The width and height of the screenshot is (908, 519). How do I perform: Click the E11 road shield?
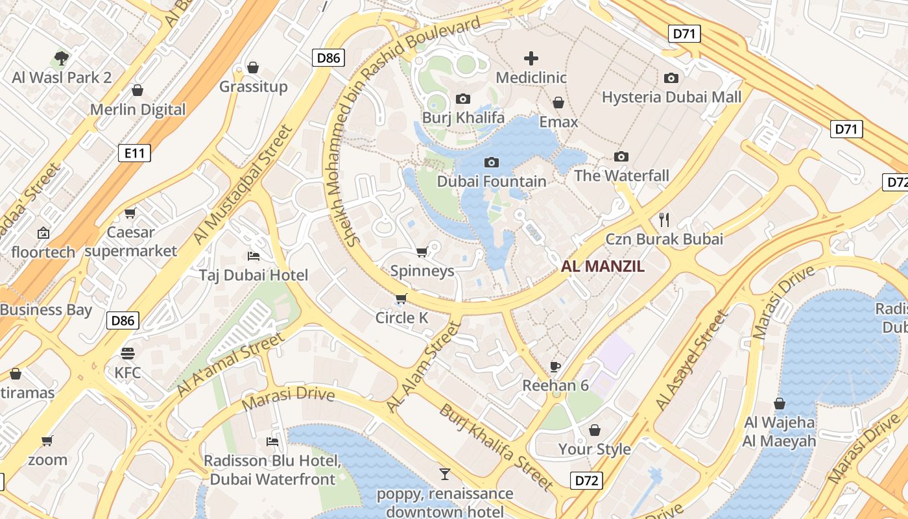point(135,153)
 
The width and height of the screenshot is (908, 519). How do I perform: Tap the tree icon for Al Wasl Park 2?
point(62,59)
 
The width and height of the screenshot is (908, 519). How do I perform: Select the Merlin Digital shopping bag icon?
point(137,90)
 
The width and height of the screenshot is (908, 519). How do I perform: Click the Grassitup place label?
point(253,87)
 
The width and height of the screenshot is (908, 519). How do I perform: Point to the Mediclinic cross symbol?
point(531,58)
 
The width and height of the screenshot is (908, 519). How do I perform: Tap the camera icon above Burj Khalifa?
point(463,99)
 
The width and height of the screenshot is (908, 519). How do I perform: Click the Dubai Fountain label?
point(492,181)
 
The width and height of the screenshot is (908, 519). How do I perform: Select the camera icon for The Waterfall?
point(621,156)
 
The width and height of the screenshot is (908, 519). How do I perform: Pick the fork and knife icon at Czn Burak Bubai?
point(663,219)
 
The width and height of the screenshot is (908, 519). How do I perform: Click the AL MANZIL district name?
point(603,266)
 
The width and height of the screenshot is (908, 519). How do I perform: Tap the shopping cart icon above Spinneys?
point(422,252)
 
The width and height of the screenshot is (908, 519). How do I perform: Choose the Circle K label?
point(402,318)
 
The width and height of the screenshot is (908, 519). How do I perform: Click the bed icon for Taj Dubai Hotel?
point(254,256)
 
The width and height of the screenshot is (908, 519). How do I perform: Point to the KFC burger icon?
point(127,354)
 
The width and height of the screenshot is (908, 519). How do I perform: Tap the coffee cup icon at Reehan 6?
point(555,367)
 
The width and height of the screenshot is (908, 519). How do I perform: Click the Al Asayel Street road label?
point(692,360)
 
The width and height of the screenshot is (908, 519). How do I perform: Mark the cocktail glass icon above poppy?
point(444,474)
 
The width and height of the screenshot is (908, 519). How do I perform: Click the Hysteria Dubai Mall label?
point(671,97)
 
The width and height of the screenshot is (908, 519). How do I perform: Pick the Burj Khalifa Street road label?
point(496,448)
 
